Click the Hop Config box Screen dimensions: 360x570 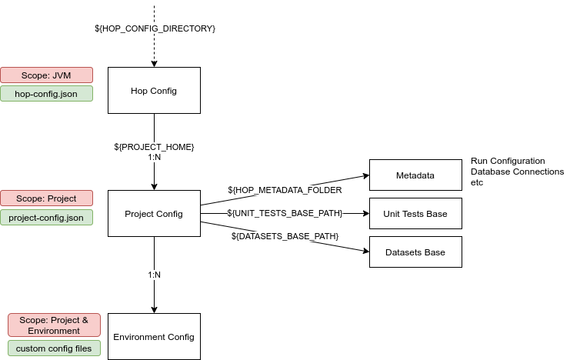(154, 91)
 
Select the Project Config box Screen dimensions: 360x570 (154, 213)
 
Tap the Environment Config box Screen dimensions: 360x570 (154, 336)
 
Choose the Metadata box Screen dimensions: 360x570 (415, 175)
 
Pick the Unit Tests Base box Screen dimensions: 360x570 (415, 213)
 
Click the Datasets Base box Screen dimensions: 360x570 (415, 252)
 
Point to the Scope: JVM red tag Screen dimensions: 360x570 (46, 75)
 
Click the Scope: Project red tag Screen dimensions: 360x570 (46, 198)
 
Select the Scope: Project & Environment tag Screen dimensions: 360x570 (54, 325)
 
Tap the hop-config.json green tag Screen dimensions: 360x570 (46, 94)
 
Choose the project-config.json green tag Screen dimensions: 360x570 (46, 218)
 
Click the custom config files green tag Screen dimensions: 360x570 (54, 348)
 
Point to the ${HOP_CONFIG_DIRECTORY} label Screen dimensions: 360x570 (154, 28)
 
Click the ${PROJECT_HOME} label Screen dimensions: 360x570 (154, 146)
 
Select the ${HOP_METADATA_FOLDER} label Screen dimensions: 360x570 (285, 190)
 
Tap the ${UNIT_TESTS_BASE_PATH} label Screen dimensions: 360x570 (285, 213)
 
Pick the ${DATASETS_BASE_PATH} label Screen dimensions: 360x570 (285, 236)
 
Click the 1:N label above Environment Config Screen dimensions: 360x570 (154, 275)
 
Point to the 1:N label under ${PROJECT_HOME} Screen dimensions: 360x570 (154, 157)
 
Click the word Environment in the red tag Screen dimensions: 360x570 (54, 331)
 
